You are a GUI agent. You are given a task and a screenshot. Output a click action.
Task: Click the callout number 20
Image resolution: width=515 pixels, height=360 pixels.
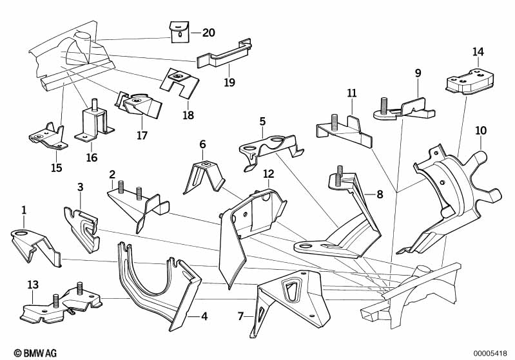[209, 32]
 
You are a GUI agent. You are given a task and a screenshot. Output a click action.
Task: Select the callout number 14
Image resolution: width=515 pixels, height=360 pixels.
[478, 52]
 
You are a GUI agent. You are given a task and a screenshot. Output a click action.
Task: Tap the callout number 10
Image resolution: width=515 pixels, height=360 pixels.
[481, 130]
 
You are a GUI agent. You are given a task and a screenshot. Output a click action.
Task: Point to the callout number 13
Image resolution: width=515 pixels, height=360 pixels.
[32, 284]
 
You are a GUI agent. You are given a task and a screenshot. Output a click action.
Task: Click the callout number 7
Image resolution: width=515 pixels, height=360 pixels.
[241, 316]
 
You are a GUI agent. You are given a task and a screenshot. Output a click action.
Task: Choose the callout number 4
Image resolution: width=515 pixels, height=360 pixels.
[204, 316]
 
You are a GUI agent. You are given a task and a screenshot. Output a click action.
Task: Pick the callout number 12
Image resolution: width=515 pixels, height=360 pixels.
[269, 174]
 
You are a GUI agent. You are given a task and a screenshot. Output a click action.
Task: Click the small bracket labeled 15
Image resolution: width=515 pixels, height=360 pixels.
[48, 135]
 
